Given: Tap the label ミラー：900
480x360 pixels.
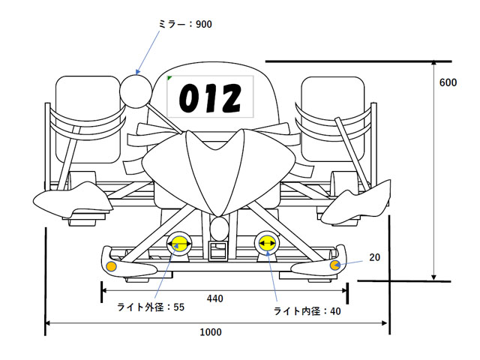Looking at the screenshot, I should tap(185, 24).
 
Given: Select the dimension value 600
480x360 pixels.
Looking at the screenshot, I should tap(448, 82).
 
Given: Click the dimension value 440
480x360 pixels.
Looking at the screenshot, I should tap(215, 298).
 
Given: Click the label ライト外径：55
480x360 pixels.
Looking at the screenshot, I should tap(150, 307).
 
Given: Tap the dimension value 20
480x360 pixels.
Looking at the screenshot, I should tap(375, 257).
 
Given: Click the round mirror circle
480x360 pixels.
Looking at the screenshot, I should tap(135, 91).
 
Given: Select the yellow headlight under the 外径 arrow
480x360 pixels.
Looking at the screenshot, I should tap(178, 243).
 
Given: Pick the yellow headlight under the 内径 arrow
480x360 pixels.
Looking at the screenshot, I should tap(266, 242).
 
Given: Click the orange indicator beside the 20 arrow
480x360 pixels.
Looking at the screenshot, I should tap(335, 265).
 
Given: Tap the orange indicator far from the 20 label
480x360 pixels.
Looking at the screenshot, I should tap(112, 267).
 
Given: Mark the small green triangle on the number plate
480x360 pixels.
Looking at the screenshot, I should tap(170, 77).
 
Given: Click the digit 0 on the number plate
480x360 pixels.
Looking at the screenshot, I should tap(187, 98).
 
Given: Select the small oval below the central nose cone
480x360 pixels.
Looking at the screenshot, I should tap(219, 226).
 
